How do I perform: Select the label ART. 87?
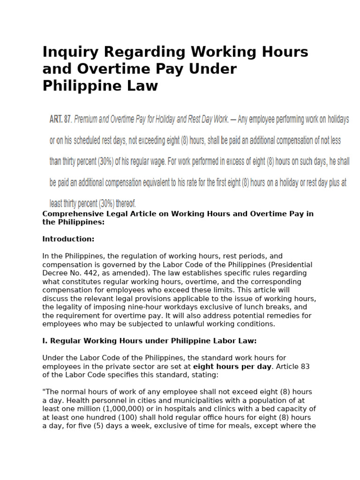point(60,120)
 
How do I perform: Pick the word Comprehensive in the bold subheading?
point(72,214)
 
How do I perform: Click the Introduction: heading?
point(68,239)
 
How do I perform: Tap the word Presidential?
point(290,265)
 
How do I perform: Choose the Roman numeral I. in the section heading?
point(45,341)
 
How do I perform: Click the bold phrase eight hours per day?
point(232,367)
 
